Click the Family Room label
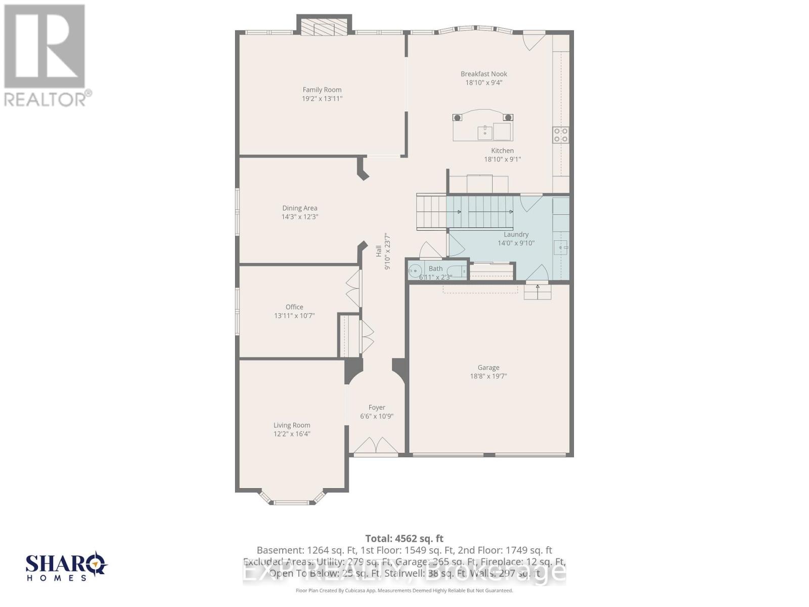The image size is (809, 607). click(x=322, y=90)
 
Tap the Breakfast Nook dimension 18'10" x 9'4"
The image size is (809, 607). click(x=484, y=82)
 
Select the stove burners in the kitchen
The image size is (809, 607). click(x=561, y=135)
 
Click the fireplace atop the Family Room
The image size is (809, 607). click(x=324, y=26)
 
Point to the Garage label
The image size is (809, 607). click(x=488, y=368)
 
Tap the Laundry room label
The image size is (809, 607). click(x=516, y=234)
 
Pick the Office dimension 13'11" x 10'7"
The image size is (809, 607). click(x=294, y=316)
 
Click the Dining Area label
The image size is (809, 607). click(x=300, y=208)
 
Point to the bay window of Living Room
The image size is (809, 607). click(x=291, y=499)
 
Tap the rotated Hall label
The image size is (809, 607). click(x=379, y=251)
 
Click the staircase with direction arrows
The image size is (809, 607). click(x=465, y=212)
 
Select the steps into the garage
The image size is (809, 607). click(x=537, y=292)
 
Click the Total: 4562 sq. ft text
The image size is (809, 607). click(x=404, y=539)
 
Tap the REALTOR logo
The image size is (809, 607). click(x=46, y=55)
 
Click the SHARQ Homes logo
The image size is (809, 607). click(x=66, y=567)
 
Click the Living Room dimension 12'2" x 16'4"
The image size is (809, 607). click(x=292, y=434)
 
